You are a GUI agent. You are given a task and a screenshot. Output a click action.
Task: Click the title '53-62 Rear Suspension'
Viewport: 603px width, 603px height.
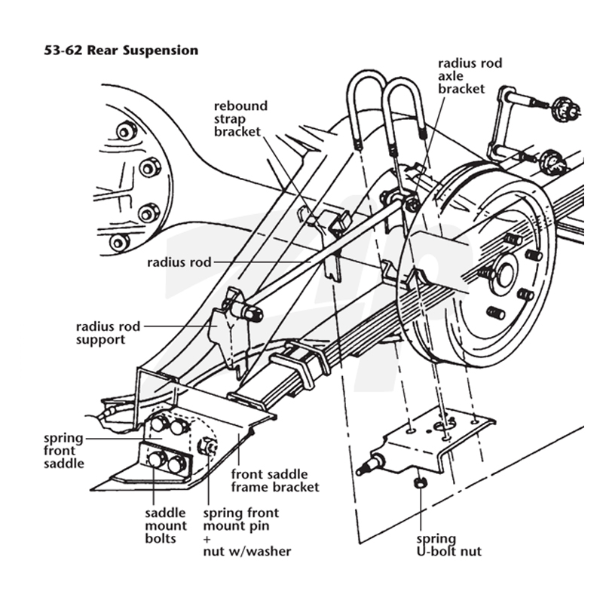click(x=121, y=51)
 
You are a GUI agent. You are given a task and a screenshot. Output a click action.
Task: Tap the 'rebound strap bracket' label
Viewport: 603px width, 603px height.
click(x=240, y=118)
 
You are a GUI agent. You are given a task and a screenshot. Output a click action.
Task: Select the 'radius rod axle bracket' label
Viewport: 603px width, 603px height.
click(x=470, y=76)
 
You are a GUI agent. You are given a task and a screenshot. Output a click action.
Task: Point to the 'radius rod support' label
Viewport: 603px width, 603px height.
click(x=108, y=333)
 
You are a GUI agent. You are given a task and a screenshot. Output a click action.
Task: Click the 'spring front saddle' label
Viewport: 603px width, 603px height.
click(x=64, y=450)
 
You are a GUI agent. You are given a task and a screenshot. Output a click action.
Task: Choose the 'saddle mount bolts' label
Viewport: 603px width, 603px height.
click(x=166, y=525)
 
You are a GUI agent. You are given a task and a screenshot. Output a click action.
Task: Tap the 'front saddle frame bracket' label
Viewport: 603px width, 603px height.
click(x=275, y=480)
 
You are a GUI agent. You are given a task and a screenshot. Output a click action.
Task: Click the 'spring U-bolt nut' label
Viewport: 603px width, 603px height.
click(x=448, y=545)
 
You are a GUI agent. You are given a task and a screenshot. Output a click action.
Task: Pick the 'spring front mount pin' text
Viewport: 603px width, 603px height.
click(x=241, y=519)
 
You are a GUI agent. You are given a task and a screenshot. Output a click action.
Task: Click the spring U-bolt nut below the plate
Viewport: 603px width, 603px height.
click(x=420, y=482)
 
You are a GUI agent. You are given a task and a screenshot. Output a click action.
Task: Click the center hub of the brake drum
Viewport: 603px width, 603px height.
click(x=505, y=274)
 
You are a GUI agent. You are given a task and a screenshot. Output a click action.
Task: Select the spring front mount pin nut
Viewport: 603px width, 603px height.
click(x=207, y=445)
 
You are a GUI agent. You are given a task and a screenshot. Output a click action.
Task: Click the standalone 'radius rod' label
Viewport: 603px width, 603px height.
click(x=179, y=262)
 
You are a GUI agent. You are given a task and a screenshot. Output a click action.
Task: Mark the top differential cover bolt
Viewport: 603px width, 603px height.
click(x=126, y=132)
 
